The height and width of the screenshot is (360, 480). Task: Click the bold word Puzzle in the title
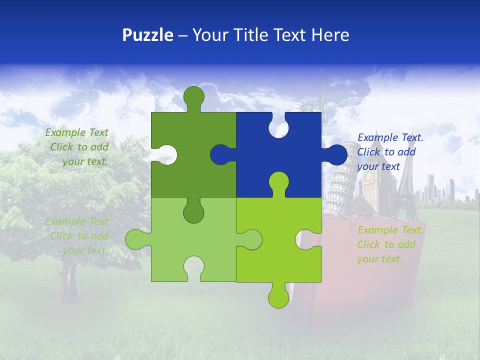pos(147,35)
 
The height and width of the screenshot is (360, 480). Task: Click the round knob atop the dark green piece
pos(193,96)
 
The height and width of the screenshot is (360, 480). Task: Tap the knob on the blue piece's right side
pos(336,154)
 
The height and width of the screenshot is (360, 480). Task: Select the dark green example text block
pos(77,147)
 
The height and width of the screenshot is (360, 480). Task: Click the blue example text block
pos(390,152)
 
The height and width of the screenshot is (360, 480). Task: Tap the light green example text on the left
pos(77,236)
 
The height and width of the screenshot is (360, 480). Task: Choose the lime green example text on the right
pos(390,244)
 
